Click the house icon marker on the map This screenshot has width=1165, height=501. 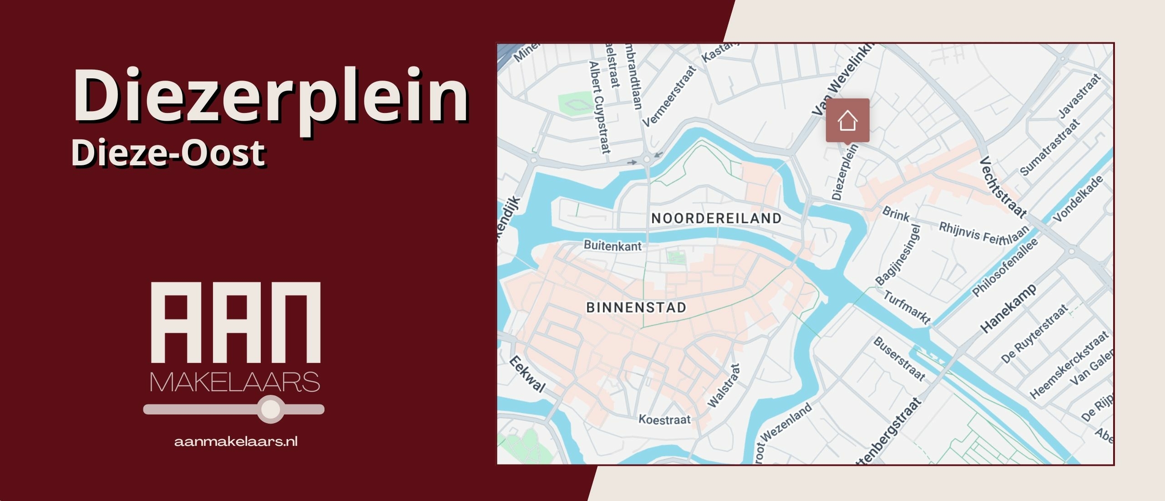[x=847, y=121]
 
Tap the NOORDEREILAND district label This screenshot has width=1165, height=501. [x=716, y=219]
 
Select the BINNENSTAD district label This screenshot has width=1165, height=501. [x=636, y=308]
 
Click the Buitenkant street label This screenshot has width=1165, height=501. [x=613, y=246]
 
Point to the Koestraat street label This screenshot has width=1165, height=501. [x=664, y=419]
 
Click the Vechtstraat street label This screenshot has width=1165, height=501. [x=1003, y=187]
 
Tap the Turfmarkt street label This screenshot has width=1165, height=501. [x=907, y=307]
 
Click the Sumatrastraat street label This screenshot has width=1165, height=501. [x=1049, y=147]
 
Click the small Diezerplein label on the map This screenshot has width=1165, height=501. [x=845, y=172]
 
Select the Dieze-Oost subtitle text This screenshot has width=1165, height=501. [x=168, y=153]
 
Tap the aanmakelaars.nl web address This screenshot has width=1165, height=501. [x=236, y=441]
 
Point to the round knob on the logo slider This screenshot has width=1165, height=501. [x=271, y=409]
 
